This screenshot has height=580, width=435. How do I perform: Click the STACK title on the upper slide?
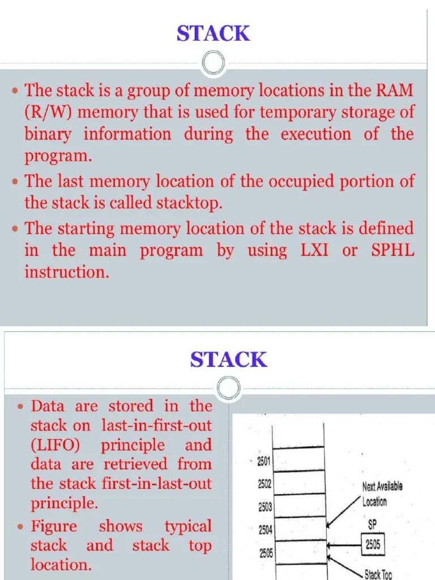213,34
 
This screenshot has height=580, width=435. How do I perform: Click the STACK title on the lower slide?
228,360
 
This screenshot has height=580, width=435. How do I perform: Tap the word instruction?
65,272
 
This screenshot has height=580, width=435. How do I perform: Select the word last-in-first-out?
156,425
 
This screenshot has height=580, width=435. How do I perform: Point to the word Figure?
54,526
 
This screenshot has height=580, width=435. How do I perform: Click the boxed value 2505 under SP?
373,545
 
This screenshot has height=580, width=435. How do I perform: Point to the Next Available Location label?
383,493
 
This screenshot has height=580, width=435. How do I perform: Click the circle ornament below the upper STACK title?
214,63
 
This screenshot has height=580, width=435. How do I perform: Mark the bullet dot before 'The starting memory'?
16,229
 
